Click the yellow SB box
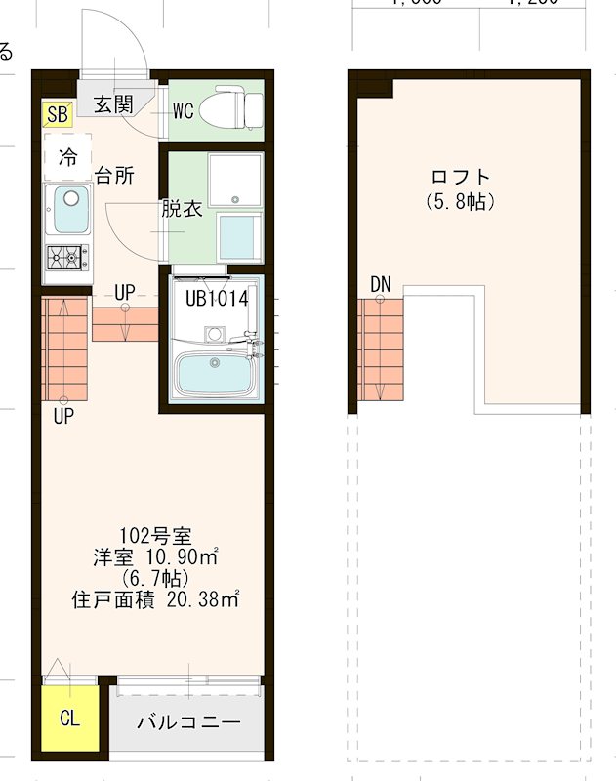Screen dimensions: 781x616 coord(57,114)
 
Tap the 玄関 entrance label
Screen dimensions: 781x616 coord(114,104)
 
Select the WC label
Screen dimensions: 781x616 coord(183,110)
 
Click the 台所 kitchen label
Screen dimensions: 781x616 coord(114,177)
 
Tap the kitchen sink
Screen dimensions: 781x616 coord(69,209)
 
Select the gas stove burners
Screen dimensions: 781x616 coord(69,258)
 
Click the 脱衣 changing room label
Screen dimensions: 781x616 coord(182,209)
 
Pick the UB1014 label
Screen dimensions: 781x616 coord(217,299)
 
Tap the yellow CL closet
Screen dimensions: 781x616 coord(69,719)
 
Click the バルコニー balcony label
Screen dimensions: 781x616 coord(188,723)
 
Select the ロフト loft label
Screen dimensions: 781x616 coord(460,178)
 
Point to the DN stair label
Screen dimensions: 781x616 coord(381,284)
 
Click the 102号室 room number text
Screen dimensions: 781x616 coord(154,536)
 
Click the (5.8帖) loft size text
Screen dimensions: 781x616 coord(460,202)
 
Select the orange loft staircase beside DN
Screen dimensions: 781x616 coord(381,349)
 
